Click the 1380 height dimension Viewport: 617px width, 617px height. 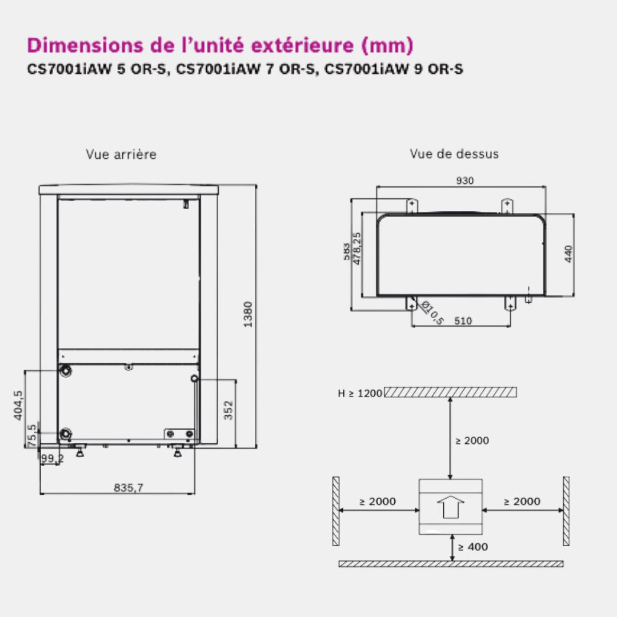[x=248, y=314]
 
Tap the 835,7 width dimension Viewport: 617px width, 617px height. [x=129, y=488]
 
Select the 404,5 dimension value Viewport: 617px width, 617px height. [x=18, y=405]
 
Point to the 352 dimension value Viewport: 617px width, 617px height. [x=228, y=410]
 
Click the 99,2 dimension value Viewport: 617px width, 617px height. [x=53, y=458]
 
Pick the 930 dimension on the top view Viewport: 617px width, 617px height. [x=464, y=181]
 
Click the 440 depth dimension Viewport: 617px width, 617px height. [x=568, y=254]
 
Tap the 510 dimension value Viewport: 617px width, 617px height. [x=463, y=321]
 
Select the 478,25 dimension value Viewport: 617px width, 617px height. [x=356, y=249]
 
